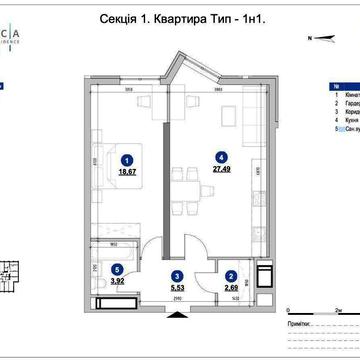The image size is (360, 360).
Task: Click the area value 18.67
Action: click(x=127, y=171)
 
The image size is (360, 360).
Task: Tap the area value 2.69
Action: click(x=230, y=288)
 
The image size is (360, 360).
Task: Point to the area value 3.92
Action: click(x=119, y=281)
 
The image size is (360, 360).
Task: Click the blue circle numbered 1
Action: click(x=127, y=158)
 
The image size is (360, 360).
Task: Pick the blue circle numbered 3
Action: click(x=176, y=275)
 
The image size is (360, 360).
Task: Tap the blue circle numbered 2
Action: click(x=230, y=275)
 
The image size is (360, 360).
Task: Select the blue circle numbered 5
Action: click(x=119, y=268)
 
